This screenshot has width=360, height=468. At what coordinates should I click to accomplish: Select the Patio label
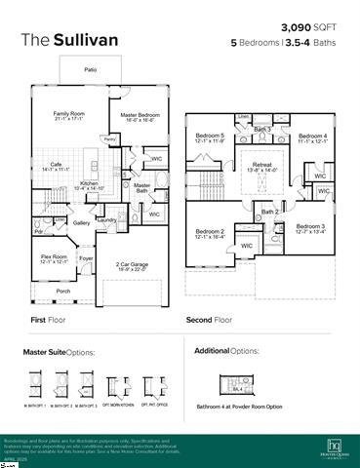click(x=89, y=70)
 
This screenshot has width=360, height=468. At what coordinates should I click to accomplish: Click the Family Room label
click(x=70, y=115)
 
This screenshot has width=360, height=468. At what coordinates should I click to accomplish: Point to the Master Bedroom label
click(x=141, y=115)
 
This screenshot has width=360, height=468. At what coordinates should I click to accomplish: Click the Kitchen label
click(x=89, y=184)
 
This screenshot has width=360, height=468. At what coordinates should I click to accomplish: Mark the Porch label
click(x=63, y=291)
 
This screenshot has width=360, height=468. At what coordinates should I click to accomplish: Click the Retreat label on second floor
click(x=262, y=167)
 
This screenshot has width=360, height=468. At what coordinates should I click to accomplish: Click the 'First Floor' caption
click(x=52, y=319)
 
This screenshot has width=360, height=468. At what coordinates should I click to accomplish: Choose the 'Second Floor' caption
click(x=209, y=319)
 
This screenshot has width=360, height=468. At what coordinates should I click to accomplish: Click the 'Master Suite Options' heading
click(x=60, y=351)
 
